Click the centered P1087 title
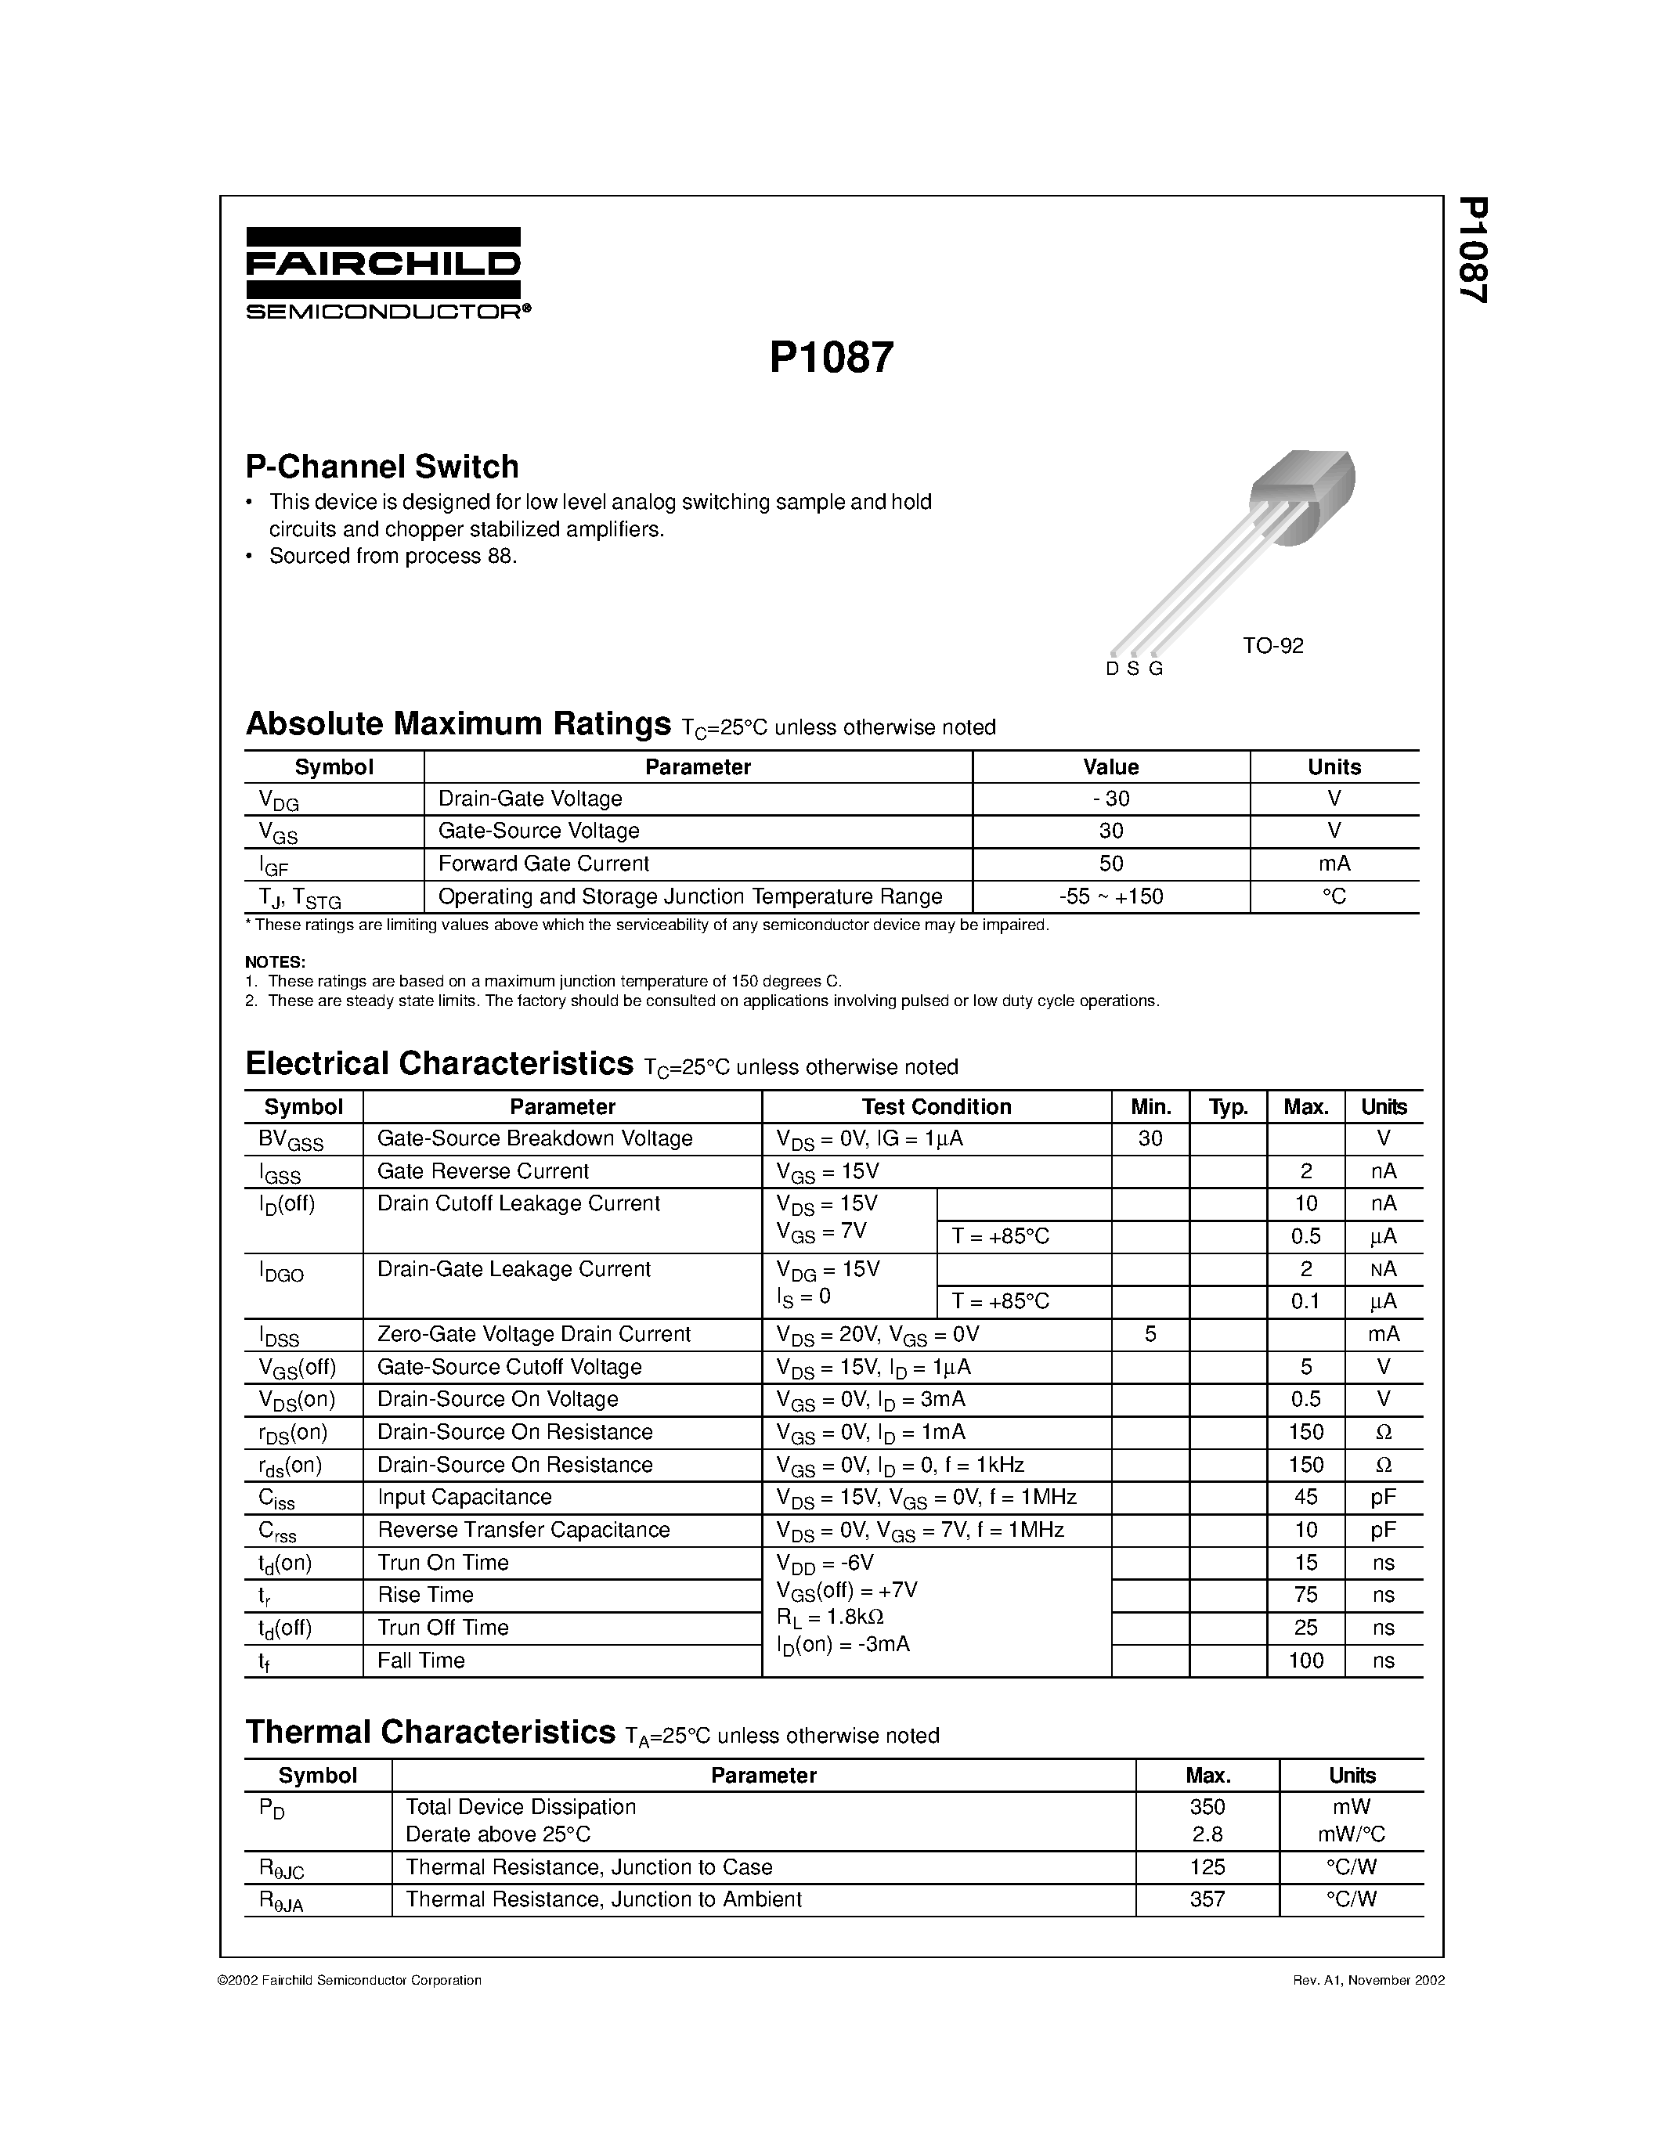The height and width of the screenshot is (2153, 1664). coord(831,358)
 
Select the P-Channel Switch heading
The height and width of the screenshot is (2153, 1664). coord(381,467)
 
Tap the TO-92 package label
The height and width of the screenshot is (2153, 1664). coord(1272,646)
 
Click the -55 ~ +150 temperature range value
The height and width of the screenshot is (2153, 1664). coord(1110,896)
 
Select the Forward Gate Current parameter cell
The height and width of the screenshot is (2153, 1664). coord(543,864)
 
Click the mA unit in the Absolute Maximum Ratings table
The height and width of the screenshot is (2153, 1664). coord(1334,864)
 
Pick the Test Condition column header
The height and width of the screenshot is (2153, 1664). coord(936,1106)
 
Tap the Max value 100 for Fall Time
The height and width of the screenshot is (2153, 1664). coord(1305,1660)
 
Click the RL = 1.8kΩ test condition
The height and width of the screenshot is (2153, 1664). coord(829,1617)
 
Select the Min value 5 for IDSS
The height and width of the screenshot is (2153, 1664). coord(1150,1334)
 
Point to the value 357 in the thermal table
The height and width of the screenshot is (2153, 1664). coord(1207,1899)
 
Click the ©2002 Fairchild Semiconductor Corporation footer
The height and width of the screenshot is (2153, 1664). coord(349,1979)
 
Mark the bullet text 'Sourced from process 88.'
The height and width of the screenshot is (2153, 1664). coord(392,556)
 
